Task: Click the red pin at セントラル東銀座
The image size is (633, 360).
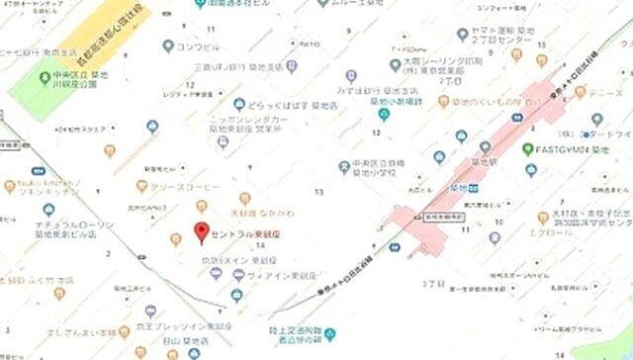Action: coord(204,233)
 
